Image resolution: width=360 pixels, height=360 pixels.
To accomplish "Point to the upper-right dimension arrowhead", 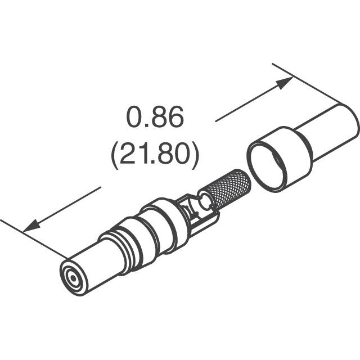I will tap(285, 82).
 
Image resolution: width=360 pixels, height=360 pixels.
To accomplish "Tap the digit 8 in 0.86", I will tap(158, 119).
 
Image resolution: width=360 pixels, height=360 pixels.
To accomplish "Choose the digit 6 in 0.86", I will tap(174, 119).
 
